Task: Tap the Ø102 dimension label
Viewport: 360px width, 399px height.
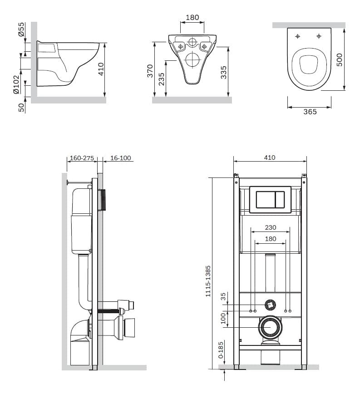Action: [16, 84]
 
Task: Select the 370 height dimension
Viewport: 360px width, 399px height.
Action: [150, 71]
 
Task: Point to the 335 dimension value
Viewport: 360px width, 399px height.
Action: [223, 72]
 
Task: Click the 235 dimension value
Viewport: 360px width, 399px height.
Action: [161, 79]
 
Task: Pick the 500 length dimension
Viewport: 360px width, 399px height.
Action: [340, 60]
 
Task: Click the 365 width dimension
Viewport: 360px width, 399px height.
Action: [310, 112]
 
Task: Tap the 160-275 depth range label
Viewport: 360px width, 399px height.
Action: [82, 158]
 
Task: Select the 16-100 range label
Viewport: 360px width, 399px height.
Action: [121, 158]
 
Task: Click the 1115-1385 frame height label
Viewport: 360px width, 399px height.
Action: [208, 281]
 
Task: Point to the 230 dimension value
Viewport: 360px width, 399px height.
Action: [271, 227]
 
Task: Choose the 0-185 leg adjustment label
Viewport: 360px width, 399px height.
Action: [221, 350]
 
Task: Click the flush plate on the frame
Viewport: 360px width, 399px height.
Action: [270, 200]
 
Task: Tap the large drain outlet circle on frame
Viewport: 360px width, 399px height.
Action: [270, 327]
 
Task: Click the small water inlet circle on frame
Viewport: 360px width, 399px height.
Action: [270, 304]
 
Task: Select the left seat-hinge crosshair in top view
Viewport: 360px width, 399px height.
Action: [297, 36]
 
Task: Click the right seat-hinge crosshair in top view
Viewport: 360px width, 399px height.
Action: [319, 36]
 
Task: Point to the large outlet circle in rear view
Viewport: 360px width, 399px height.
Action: [192, 59]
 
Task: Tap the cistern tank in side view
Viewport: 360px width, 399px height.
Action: [82, 221]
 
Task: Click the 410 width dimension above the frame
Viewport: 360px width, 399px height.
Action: [270, 158]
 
